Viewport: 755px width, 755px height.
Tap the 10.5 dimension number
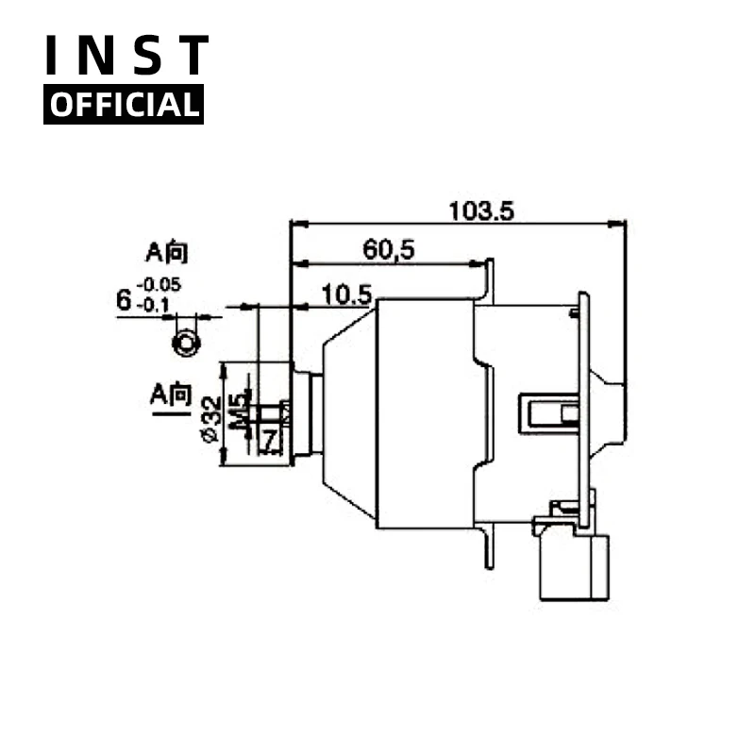pyautogui.click(x=345, y=294)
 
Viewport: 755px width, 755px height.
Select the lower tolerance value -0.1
pyautogui.click(x=154, y=304)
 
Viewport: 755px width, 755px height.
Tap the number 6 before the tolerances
pyautogui.click(x=123, y=300)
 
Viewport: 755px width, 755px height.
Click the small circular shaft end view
pyautogui.click(x=185, y=342)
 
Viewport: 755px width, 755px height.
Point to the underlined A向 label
pyautogui.click(x=171, y=394)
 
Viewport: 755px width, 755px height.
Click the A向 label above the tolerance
pyautogui.click(x=166, y=252)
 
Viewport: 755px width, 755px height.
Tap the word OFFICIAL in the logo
pyautogui.click(x=124, y=105)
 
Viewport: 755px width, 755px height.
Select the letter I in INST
pyautogui.click(x=54, y=56)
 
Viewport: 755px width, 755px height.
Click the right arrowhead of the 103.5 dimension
pyautogui.click(x=620, y=225)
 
